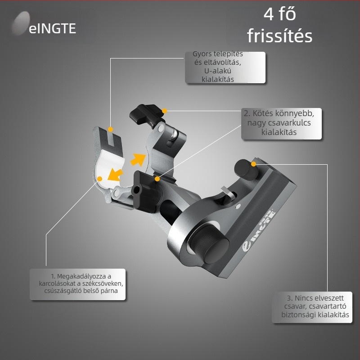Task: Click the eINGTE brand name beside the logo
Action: click(52, 28)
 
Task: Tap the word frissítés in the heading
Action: click(279, 36)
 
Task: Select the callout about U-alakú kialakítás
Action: click(225, 67)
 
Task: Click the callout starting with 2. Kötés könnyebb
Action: click(281, 123)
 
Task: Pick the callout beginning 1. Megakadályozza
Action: click(77, 284)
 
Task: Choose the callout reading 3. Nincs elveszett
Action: click(312, 307)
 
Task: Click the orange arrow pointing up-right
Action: click(138, 159)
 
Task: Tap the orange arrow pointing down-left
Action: click(115, 174)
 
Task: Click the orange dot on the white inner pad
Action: click(99, 179)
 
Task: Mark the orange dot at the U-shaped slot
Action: click(110, 129)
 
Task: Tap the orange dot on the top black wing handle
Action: click(164, 111)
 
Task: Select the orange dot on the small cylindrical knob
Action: click(253, 164)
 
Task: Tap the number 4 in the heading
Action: click(269, 14)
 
